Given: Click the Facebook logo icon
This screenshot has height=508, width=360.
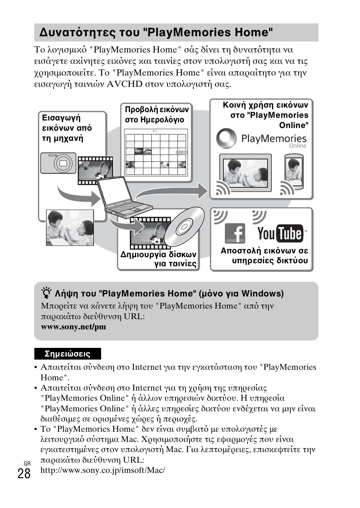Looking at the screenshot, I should coord(235,233).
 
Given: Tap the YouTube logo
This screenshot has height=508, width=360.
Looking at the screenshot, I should coord(280,233).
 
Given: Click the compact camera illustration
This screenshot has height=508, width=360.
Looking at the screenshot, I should coord(58,163).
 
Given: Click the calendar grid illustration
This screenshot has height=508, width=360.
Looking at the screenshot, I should coord(156,153).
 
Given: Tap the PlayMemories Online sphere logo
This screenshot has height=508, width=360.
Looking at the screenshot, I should coord(226,138).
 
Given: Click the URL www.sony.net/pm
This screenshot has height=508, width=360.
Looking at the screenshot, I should coord(73,327).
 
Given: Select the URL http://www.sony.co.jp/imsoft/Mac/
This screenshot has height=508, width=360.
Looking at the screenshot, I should coord(103,470).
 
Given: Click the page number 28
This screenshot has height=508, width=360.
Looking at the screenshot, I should coord(24,473).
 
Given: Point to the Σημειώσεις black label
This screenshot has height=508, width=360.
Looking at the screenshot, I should coord(68,354).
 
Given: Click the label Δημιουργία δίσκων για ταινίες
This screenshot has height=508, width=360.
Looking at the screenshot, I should coord(158,259).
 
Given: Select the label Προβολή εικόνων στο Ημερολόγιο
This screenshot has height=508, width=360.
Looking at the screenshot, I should coord(157,114).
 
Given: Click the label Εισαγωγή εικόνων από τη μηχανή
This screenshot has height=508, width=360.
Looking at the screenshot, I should coord(67,128).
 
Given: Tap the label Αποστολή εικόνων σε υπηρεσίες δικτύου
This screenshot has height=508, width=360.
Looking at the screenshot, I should coord(264,256).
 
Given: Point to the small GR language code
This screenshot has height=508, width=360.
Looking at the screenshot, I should coord(27,463).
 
